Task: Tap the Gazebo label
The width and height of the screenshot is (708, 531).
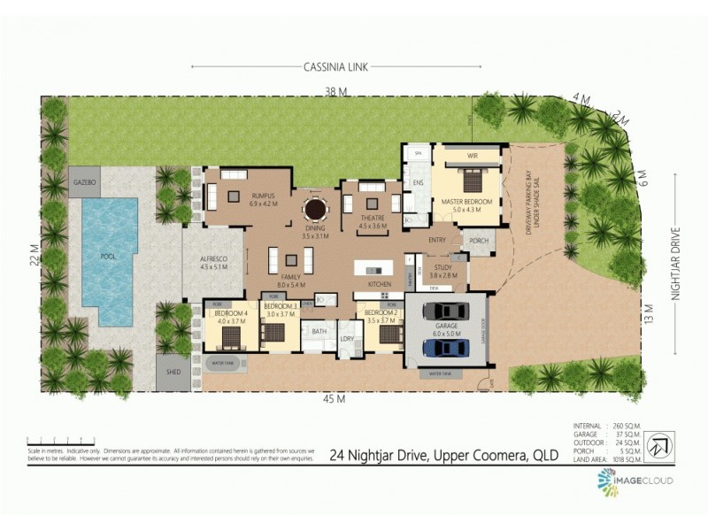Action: (85, 181)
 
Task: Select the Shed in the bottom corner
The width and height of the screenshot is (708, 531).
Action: (173, 372)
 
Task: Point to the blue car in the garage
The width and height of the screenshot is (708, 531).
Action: (445, 347)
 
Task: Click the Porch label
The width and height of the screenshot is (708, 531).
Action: (479, 240)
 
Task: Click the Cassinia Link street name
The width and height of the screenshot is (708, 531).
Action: (336, 66)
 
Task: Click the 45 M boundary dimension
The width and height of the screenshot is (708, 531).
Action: (333, 400)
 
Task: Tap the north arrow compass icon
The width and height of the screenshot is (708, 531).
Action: (658, 445)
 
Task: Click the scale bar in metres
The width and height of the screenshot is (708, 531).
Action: (67, 440)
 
